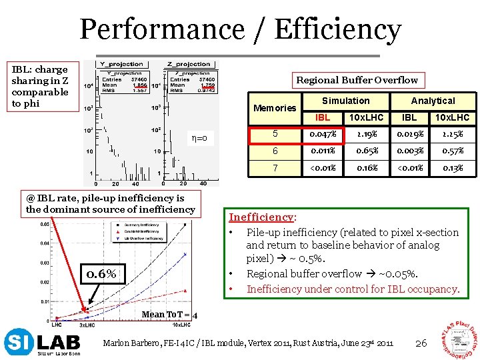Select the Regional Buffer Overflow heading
[357, 80]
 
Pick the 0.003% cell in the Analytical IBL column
[409, 151]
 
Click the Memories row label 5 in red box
[274, 134]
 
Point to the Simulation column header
[345, 101]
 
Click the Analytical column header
[433, 101]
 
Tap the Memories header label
[275, 108]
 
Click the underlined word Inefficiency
[262, 217]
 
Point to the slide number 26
[420, 343]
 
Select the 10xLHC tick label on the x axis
[182, 324]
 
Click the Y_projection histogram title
[123, 65]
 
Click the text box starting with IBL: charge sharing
[40, 86]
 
